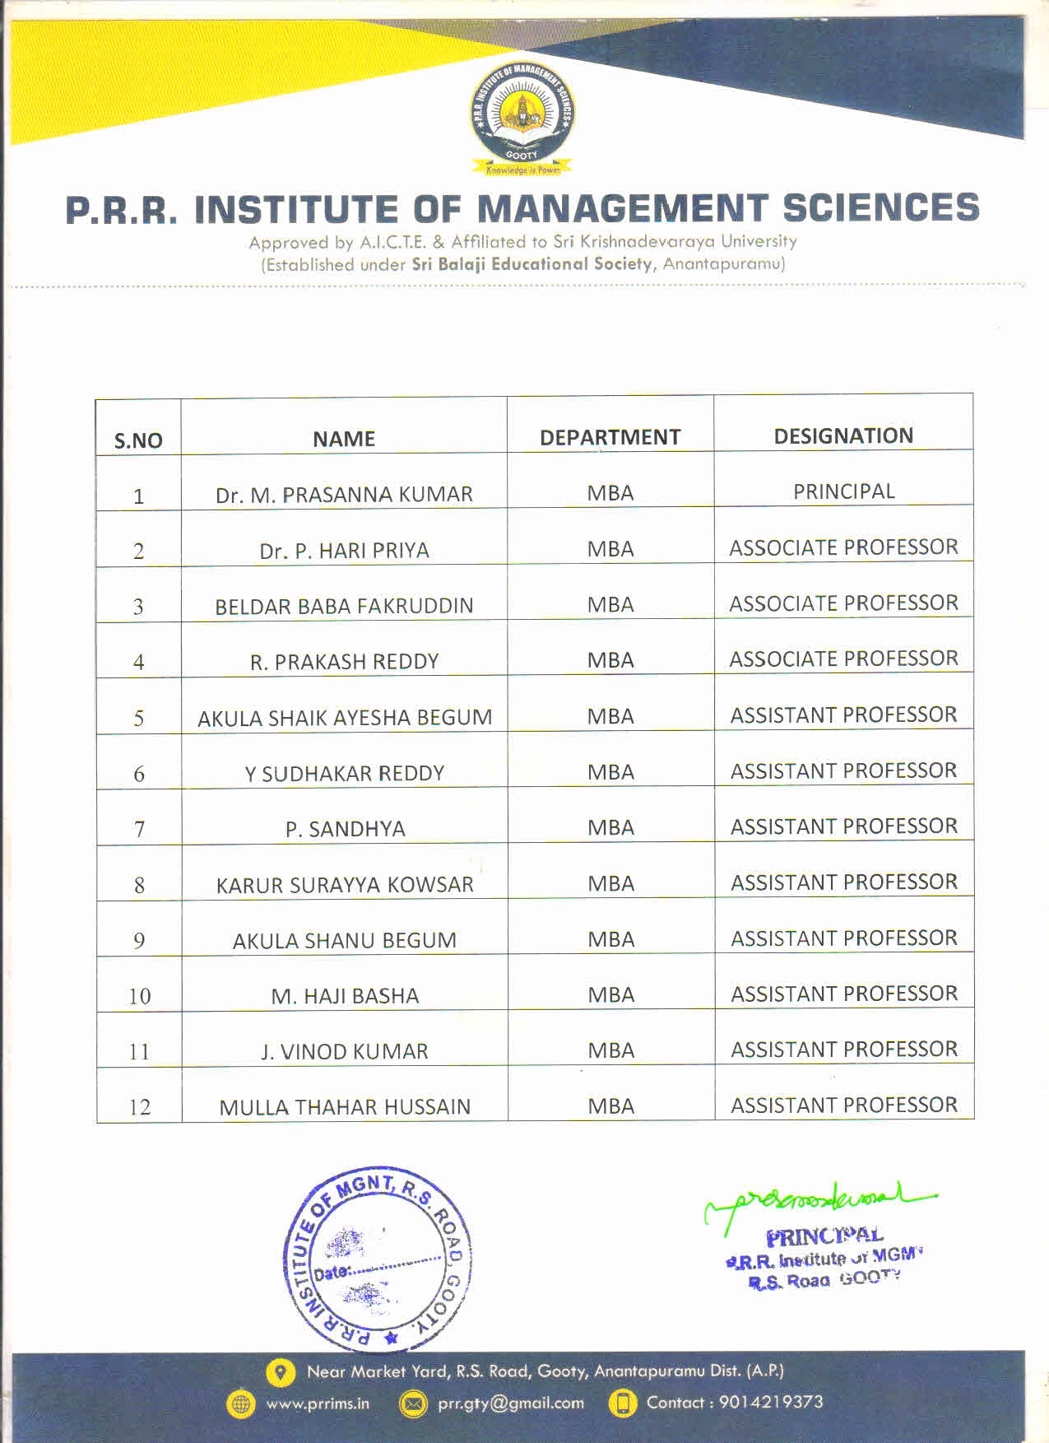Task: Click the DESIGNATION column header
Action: [x=843, y=435]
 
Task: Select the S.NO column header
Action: [x=138, y=440]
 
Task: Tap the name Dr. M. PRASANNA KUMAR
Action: [x=344, y=495]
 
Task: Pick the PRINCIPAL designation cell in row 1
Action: [x=843, y=491]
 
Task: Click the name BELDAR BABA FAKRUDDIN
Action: [x=344, y=607]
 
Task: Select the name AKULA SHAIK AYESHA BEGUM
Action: [x=345, y=718]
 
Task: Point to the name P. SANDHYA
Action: [x=345, y=829]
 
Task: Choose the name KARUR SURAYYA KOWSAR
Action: [x=345, y=885]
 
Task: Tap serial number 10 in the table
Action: [x=139, y=996]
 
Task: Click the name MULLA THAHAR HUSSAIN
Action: [x=345, y=1107]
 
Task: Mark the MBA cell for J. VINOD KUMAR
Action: [x=610, y=1050]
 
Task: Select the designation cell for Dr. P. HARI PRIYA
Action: [x=843, y=547]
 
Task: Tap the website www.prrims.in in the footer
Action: [x=318, y=1403]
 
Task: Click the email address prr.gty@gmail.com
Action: [x=510, y=1403]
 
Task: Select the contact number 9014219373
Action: [x=771, y=1402]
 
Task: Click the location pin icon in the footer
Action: [x=281, y=1371]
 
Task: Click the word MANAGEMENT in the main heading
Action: [x=621, y=209]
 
